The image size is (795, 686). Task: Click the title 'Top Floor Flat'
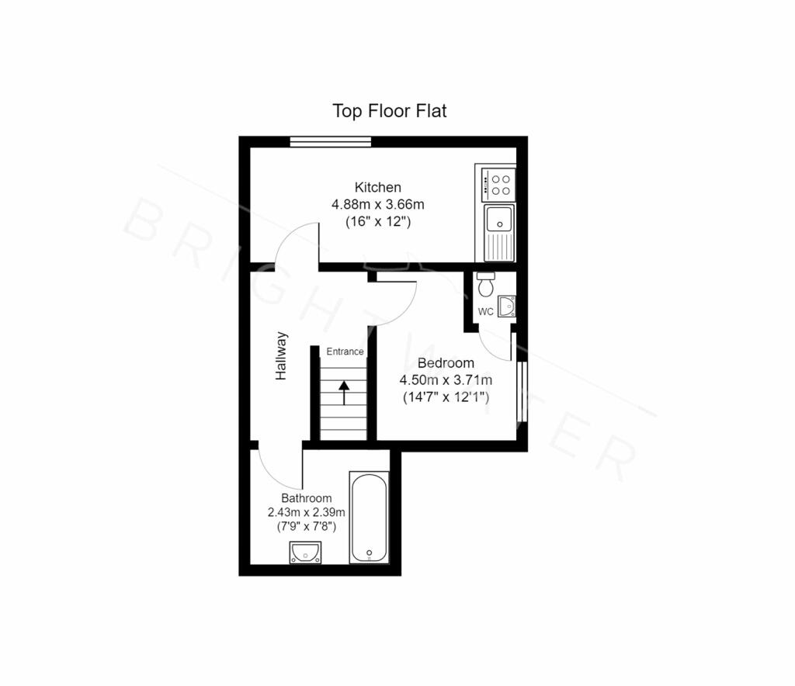[390, 111]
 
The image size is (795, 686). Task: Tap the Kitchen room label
[378, 188]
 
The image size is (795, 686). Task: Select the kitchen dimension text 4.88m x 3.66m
[378, 205]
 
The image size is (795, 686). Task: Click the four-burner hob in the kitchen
[498, 185]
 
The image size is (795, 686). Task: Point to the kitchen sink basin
[499, 218]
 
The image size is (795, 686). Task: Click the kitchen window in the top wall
[331, 142]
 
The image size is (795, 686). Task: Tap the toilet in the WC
[486, 284]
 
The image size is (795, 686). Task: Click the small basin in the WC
[506, 306]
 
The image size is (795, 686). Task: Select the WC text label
[486, 312]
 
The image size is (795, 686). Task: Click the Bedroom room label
[446, 362]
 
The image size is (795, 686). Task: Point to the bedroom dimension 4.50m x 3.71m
[446, 380]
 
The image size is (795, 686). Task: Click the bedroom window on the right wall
[522, 391]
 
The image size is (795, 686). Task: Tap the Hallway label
[281, 355]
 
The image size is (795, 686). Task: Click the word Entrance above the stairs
[345, 352]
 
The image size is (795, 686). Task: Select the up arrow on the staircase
[344, 393]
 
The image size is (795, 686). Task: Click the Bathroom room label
[306, 498]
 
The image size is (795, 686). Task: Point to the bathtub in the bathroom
[369, 518]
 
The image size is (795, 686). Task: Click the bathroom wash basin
[305, 553]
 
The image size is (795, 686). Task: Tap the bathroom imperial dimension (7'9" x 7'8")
[306, 526]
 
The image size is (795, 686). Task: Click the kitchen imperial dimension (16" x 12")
[378, 221]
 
